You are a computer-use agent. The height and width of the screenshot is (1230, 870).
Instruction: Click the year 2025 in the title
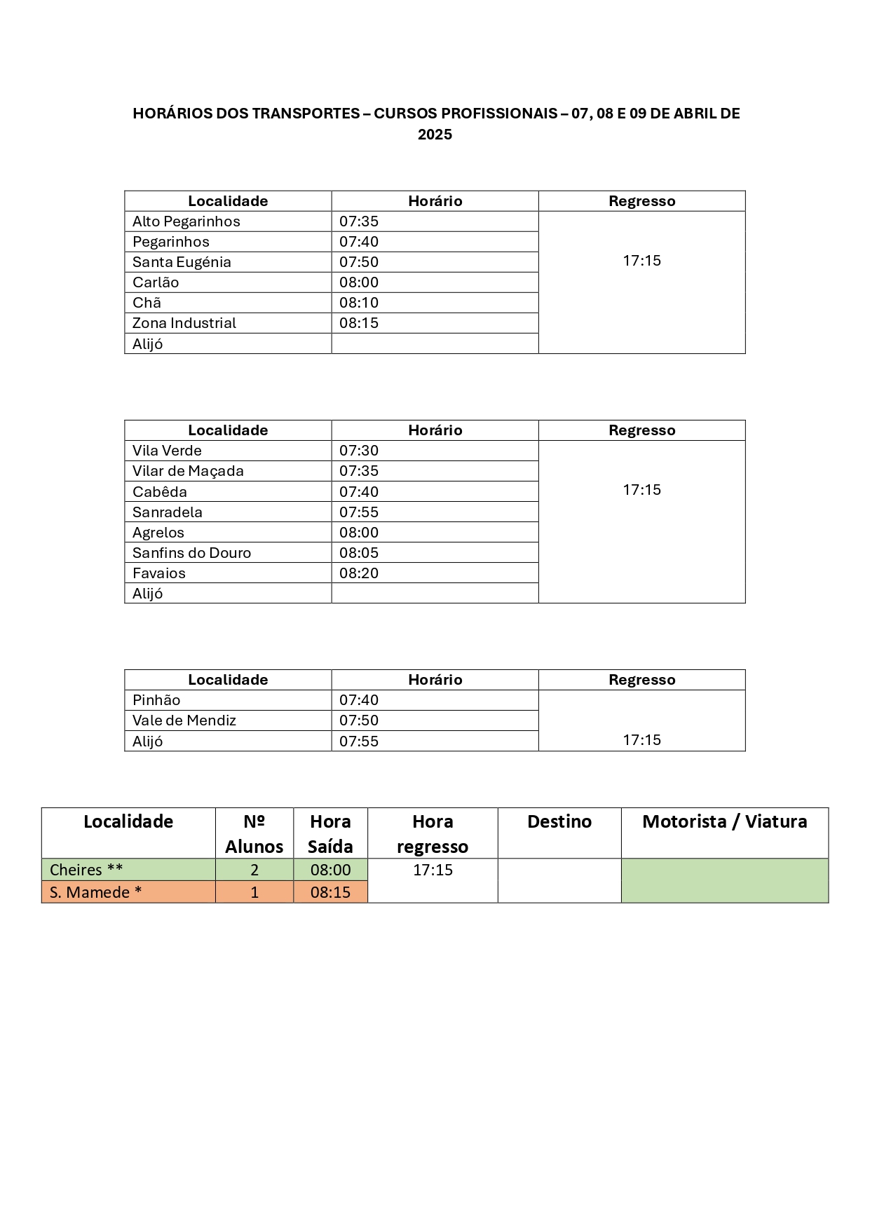click(435, 135)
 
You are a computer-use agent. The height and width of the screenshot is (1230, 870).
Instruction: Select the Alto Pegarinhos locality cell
click(186, 221)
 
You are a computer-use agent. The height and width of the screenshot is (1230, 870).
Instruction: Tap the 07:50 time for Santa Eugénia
click(359, 262)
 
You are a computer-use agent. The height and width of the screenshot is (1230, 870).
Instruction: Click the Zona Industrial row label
click(184, 323)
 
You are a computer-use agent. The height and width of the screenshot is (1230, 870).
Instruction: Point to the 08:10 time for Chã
click(359, 303)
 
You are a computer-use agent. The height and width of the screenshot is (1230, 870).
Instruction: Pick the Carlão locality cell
click(156, 282)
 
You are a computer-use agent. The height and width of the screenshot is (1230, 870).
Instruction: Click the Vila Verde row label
click(167, 451)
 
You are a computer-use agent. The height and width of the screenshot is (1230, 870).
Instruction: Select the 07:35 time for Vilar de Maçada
click(359, 471)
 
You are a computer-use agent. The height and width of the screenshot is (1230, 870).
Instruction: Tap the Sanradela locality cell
click(168, 512)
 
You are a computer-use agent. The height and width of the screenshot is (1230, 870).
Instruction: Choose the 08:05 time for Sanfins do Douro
click(359, 553)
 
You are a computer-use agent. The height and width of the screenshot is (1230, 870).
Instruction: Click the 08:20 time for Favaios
click(359, 573)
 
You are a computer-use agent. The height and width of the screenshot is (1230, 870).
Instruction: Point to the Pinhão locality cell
click(156, 700)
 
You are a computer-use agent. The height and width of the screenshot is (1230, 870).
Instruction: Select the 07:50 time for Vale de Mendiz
click(359, 720)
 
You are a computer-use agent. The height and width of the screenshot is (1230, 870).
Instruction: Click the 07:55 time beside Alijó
click(359, 742)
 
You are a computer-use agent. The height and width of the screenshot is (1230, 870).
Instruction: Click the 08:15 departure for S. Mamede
click(330, 892)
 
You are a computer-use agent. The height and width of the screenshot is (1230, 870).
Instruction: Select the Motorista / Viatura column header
click(724, 821)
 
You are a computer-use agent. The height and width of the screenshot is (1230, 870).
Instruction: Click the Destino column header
click(559, 821)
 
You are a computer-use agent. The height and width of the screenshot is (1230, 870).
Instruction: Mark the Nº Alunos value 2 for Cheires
click(254, 870)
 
